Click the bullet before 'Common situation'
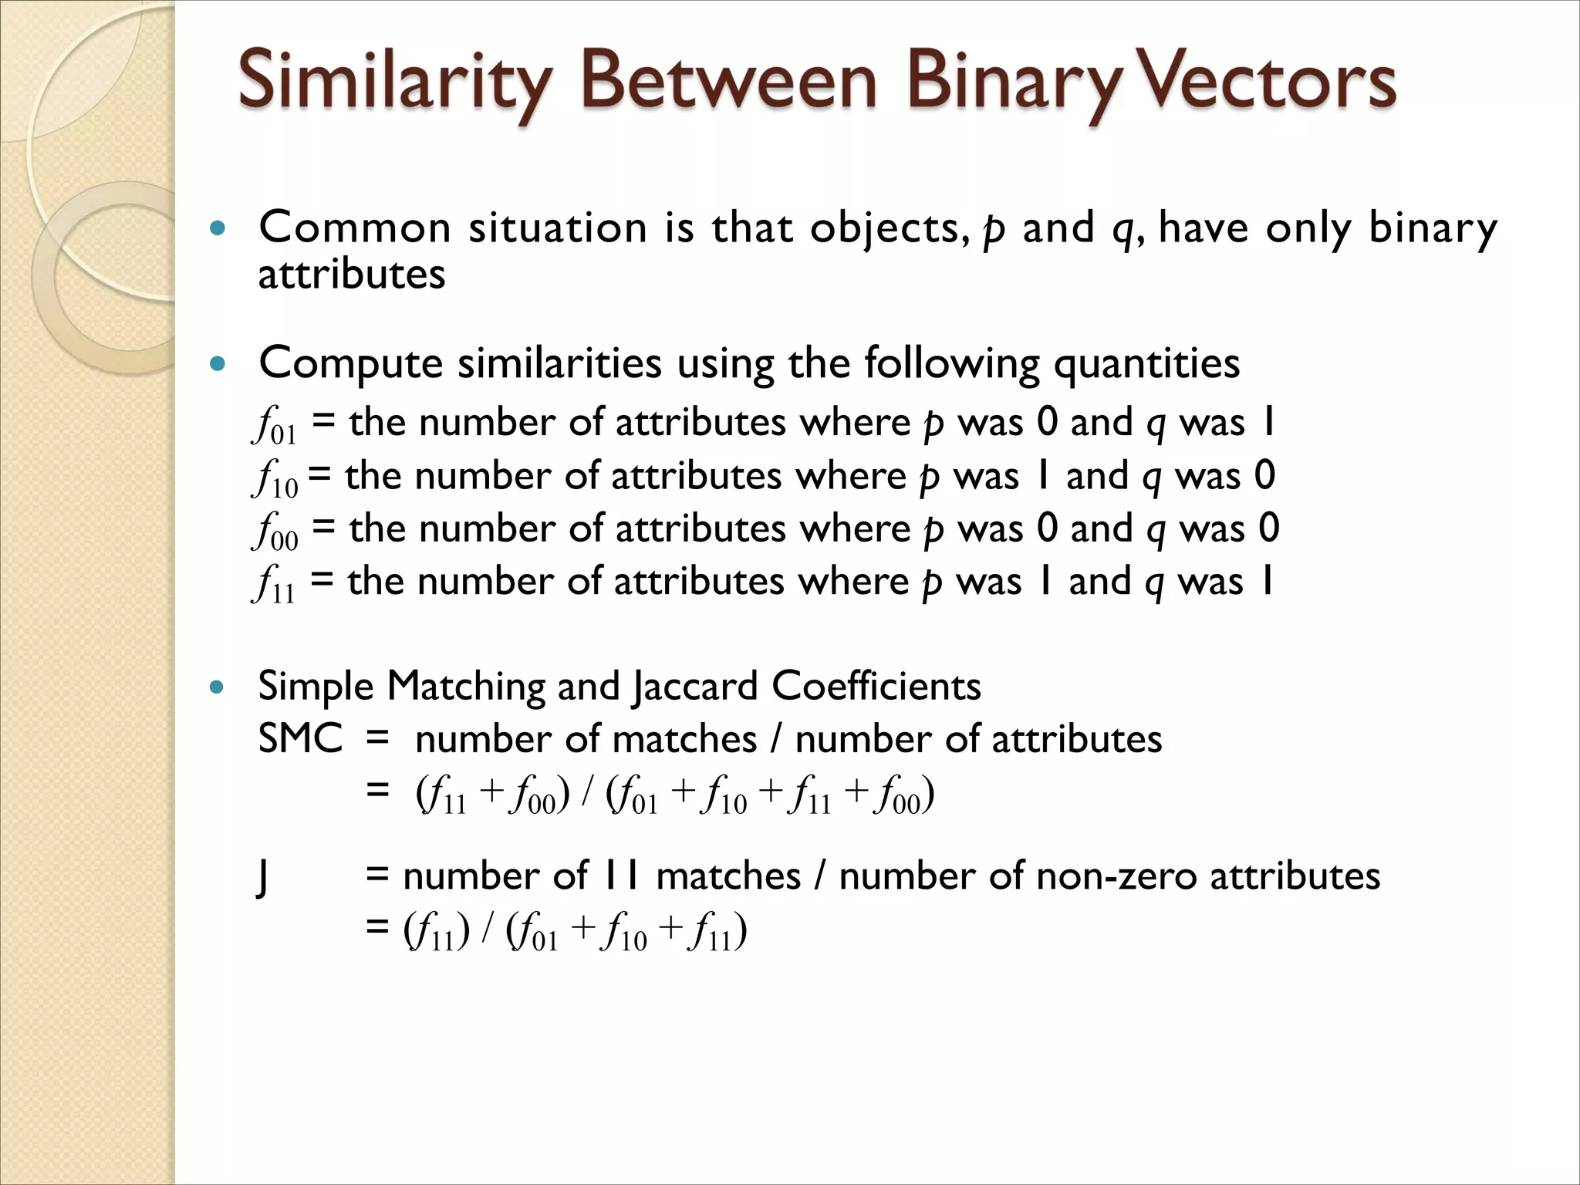click(218, 228)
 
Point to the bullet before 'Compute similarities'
click(218, 363)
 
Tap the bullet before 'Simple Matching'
click(218, 687)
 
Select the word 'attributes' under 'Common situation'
click(352, 275)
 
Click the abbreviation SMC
click(300, 739)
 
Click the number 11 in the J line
click(621, 876)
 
